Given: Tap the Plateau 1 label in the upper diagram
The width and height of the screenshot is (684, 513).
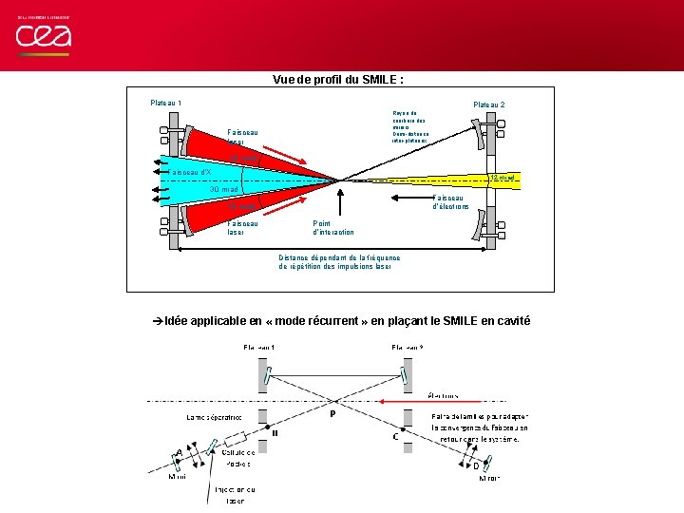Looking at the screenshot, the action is [167, 102].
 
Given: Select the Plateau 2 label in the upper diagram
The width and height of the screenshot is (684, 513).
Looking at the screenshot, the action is [489, 104].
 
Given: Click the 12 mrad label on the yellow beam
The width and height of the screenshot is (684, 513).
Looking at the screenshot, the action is [501, 178].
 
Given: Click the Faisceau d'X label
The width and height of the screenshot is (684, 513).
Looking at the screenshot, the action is [189, 172].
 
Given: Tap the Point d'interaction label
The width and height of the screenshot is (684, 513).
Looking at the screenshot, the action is [332, 227].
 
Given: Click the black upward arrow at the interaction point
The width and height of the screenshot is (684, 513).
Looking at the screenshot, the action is [337, 203].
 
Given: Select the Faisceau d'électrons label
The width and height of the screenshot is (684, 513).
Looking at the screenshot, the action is [451, 201].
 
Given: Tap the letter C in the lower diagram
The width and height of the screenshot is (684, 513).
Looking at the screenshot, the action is [395, 437].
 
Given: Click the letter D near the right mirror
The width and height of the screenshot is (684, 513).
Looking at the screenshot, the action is [475, 465].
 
